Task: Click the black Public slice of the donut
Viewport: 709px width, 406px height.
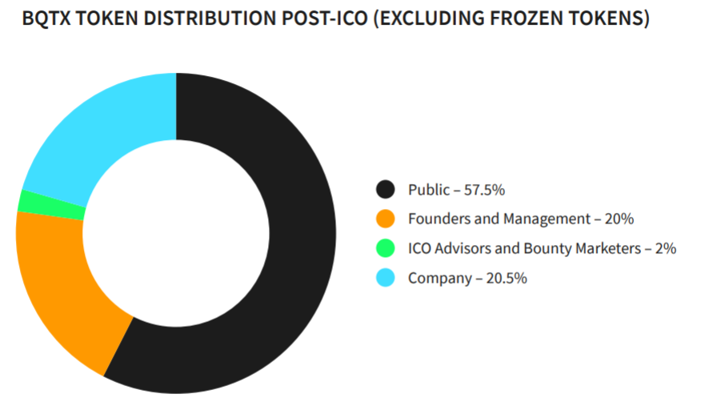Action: (x=296, y=240)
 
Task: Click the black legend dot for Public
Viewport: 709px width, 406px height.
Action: (x=387, y=190)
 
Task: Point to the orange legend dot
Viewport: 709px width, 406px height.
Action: (x=387, y=219)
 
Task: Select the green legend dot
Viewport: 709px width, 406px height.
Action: (x=387, y=248)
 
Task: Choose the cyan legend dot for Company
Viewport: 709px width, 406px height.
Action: (x=387, y=278)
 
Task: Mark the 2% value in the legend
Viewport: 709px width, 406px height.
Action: (x=666, y=248)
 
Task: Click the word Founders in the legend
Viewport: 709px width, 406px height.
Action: (x=436, y=219)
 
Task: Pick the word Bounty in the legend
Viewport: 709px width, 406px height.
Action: (x=547, y=248)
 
